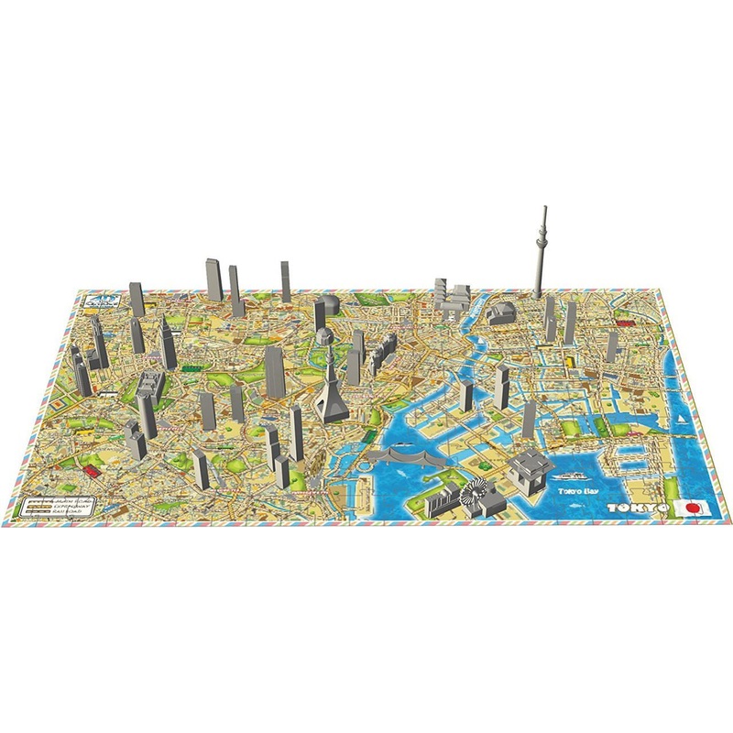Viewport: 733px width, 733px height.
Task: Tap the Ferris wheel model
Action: (476, 495)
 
